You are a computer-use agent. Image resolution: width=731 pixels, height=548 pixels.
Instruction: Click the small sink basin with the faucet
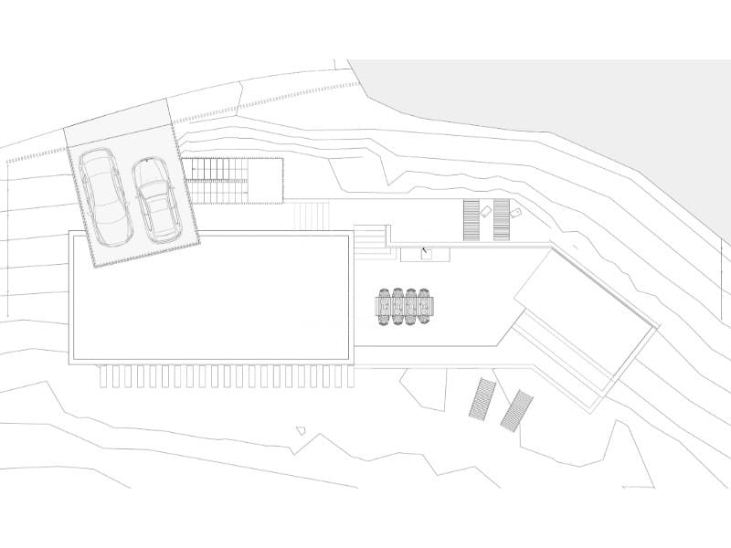point(424,252)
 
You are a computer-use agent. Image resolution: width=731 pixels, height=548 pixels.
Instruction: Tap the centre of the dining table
point(406,307)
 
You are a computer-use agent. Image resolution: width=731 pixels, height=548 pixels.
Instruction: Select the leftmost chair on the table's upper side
point(387,294)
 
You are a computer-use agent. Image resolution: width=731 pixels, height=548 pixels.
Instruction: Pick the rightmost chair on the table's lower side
point(424,321)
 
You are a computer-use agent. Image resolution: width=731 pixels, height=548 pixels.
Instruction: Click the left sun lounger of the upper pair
point(471,219)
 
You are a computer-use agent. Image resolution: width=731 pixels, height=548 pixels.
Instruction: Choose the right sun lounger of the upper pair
point(501,219)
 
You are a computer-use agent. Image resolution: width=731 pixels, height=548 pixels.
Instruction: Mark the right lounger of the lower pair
point(516,409)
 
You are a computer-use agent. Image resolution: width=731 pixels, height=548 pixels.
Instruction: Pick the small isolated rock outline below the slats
point(302,428)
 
